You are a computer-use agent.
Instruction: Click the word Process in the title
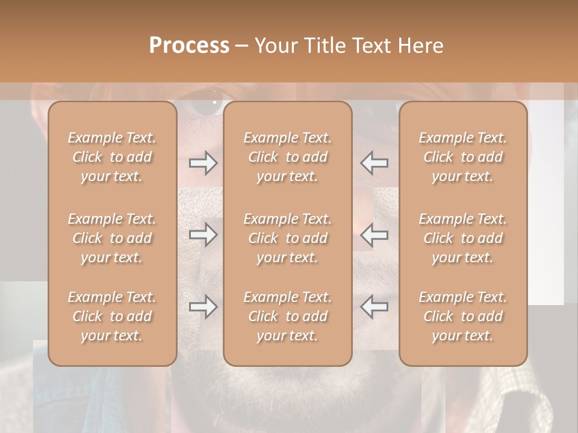tap(189, 46)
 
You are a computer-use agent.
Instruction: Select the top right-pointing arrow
tap(203, 163)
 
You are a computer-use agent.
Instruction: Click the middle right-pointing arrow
tap(203, 235)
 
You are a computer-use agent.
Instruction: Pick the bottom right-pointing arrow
tap(203, 307)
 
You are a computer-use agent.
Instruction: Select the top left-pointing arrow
tap(374, 163)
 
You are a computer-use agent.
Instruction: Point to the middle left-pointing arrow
tap(374, 235)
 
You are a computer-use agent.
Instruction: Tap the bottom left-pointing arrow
tap(374, 307)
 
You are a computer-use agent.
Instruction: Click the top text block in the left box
tap(112, 157)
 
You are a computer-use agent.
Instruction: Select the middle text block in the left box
tap(112, 238)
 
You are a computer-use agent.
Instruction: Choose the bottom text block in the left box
tap(112, 316)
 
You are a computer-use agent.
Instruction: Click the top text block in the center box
tap(288, 157)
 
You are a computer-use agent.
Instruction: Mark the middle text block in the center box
tap(288, 238)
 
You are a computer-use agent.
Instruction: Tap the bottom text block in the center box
tap(288, 316)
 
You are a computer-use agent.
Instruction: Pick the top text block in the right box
tap(463, 157)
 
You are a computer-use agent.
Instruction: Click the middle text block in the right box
tap(463, 238)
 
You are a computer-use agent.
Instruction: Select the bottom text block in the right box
tap(463, 316)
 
